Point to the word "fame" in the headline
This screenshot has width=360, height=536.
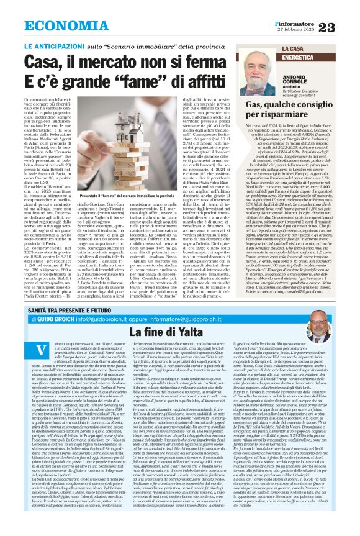[141, 83]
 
